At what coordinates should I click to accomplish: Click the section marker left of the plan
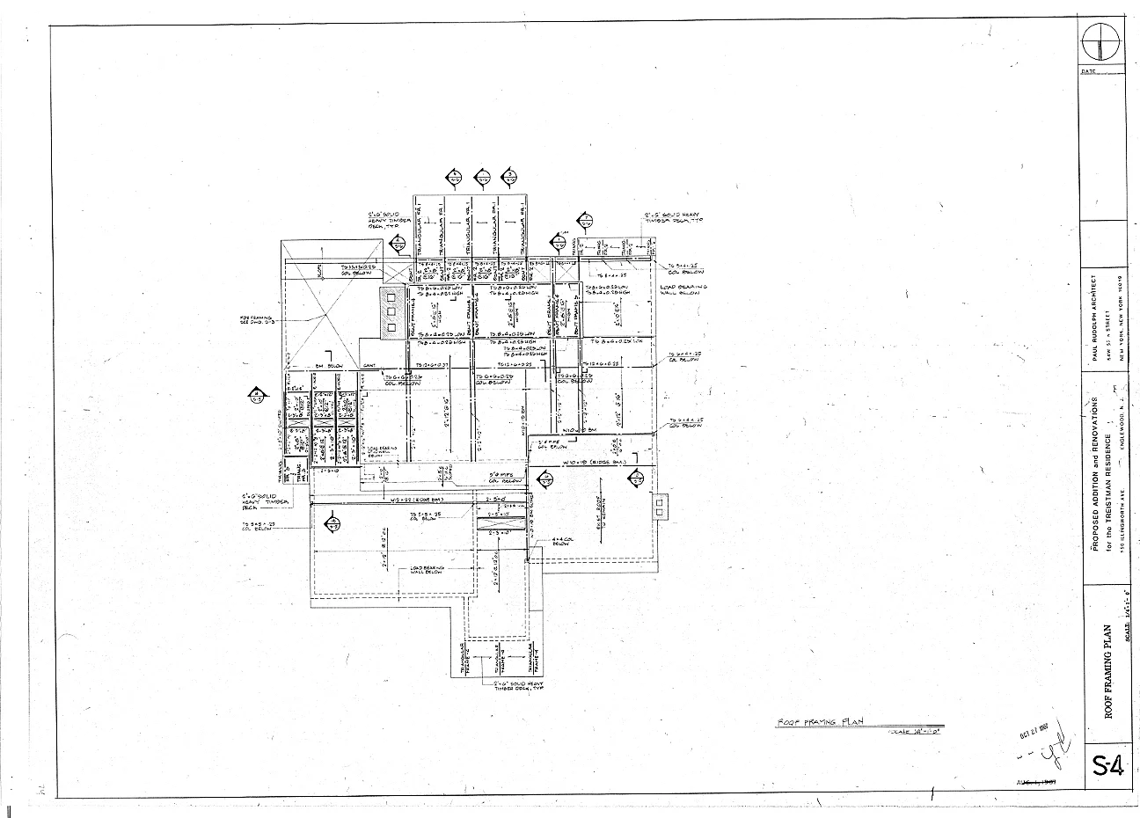[256, 395]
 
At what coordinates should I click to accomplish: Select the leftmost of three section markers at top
[453, 178]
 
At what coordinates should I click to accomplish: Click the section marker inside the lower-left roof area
[332, 524]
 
